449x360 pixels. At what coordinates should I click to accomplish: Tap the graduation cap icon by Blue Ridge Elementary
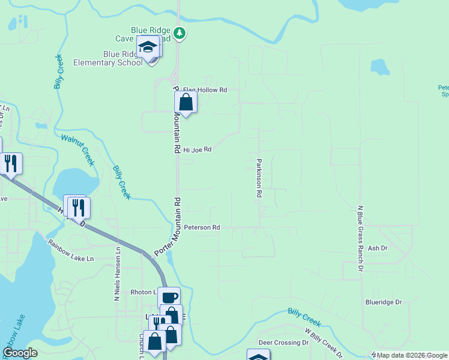pos(147,46)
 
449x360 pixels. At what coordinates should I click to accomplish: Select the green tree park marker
pos(179,32)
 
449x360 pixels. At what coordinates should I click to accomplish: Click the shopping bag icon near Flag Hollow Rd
pos(186,103)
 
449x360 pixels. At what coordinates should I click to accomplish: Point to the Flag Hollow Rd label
pos(206,90)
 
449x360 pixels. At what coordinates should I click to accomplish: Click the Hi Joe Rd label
pos(198,149)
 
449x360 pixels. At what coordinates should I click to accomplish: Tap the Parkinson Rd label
pos(259,178)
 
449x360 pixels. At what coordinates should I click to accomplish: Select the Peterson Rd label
pos(202,228)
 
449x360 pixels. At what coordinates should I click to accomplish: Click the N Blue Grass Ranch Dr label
pos(361,238)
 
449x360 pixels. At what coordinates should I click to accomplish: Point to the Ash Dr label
pos(378,248)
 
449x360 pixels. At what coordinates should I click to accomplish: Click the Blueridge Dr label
pos(383,302)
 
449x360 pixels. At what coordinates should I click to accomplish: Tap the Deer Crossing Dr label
pos(283,343)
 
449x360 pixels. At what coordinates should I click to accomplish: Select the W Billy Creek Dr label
pos(324,343)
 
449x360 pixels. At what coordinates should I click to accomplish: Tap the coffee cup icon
pos(169,298)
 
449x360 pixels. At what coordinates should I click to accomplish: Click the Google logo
pos(20,353)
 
